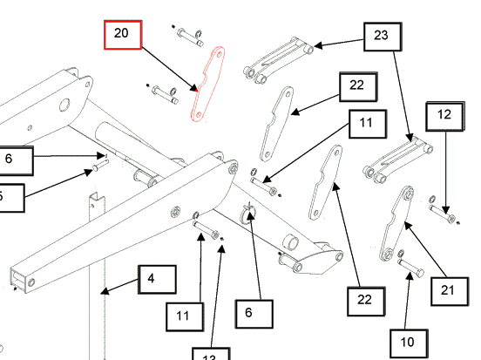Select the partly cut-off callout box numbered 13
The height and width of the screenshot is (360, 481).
click(209, 354)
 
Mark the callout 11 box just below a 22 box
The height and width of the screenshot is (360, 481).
click(365, 124)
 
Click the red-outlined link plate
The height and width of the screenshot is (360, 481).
click(207, 85)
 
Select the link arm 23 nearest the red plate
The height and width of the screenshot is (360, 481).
click(276, 58)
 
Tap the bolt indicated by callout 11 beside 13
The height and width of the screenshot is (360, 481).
click(206, 231)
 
